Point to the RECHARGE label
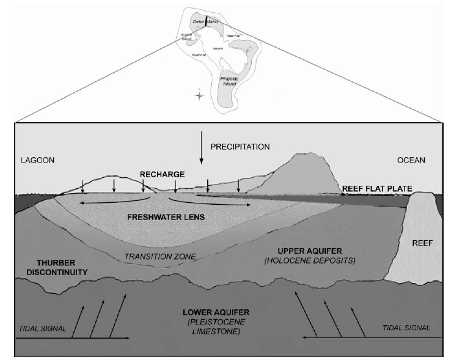(161, 174)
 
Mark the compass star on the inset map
(198, 95)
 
